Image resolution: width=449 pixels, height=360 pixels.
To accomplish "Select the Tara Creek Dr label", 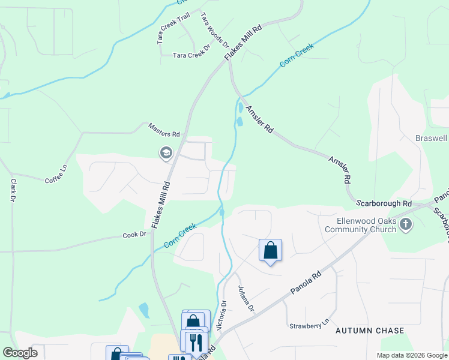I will tap(191, 55).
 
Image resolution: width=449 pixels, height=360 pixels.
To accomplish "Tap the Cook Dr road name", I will tap(134, 235).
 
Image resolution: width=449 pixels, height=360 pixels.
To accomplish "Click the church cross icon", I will tap(406, 224).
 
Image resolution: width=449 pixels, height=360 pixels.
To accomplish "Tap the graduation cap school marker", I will tap(166, 154).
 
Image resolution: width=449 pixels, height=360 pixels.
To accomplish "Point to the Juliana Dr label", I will tap(247, 299).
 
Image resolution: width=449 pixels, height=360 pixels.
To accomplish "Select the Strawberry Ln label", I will tap(310, 325).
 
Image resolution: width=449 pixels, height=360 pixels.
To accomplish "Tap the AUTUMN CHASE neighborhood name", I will tap(370, 331).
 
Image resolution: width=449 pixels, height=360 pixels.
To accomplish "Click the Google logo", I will tap(20, 353).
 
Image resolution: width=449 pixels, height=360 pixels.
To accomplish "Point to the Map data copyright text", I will tap(412, 355).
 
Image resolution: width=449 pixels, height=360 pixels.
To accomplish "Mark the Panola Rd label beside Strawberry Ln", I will tap(306, 283).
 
